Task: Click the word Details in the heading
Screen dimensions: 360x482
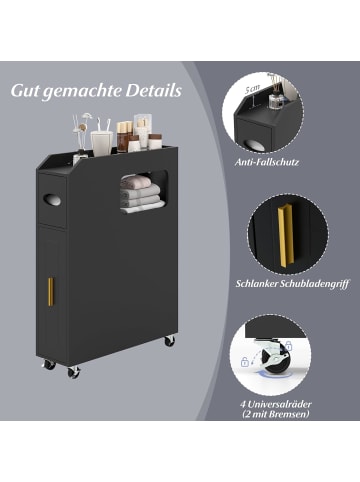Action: [x=154, y=91]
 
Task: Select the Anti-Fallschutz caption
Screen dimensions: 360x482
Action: [x=267, y=162]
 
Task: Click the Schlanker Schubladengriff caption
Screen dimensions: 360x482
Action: [x=292, y=284]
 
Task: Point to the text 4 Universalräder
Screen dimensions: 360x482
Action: [x=276, y=404]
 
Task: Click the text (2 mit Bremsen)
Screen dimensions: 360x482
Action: [x=276, y=414]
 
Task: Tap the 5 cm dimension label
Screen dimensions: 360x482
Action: [x=252, y=89]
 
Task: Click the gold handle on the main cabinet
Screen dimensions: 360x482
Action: [x=51, y=292]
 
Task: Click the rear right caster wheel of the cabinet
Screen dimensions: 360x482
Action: [x=169, y=341]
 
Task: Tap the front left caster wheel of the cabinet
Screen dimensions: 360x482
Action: [x=49, y=364]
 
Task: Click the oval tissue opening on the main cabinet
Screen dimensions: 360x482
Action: [x=52, y=200]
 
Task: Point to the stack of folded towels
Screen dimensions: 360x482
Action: [x=141, y=194]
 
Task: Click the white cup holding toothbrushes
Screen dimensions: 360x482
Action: [x=101, y=143]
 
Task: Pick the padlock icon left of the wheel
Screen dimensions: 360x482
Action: [x=245, y=361]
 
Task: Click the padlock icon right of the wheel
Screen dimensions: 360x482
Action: [x=289, y=346]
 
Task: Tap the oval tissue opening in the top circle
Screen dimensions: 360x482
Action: [x=253, y=145]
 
